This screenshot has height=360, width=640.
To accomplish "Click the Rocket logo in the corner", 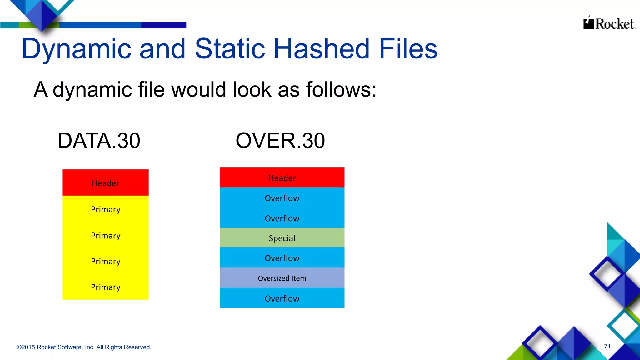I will coord(609,23).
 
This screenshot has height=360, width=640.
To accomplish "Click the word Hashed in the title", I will coord(322,49).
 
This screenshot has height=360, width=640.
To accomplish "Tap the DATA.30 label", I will coord(99,141).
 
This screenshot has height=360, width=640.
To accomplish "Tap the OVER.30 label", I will coord(280,141).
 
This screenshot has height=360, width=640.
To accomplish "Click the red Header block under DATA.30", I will coord(106,183).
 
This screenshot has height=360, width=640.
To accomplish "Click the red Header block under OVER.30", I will coord(282,177).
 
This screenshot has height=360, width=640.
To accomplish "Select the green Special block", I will coord(282,238).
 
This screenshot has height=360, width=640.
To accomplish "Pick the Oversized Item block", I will coord(282,278).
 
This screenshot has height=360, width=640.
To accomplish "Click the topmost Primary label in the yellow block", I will coord(106,209).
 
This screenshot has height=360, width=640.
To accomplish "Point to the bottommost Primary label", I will coord(106,287).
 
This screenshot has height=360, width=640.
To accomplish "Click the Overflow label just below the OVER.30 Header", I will coord(282,198).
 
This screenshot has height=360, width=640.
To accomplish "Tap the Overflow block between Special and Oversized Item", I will coord(282,258).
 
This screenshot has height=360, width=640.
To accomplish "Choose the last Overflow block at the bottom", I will coord(282,298).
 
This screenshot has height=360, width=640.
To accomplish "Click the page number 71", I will coord(607,346).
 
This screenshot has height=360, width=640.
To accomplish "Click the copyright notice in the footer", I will coord(84,347).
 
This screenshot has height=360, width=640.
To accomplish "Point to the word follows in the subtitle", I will coord(341,90).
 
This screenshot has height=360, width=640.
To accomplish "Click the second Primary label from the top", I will coord(106,236).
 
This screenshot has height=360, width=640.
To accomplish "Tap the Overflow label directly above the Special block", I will coord(282,218).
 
